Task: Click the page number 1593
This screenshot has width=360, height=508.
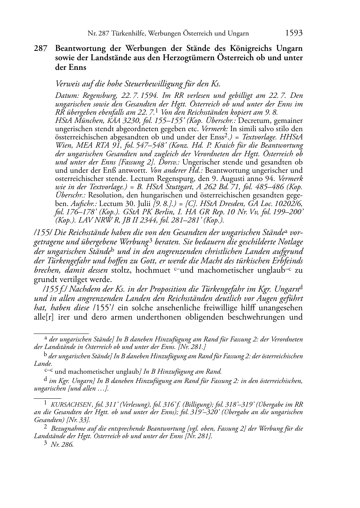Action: (294, 33)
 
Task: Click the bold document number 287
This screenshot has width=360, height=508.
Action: (41, 48)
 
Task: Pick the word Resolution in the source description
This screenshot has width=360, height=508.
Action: (104, 195)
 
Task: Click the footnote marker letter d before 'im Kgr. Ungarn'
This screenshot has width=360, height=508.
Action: (45, 380)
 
